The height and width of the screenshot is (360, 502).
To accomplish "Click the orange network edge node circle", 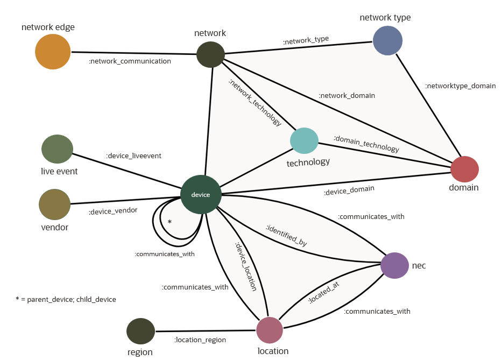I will coord(53,52).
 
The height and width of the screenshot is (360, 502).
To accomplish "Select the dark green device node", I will coord(201,195).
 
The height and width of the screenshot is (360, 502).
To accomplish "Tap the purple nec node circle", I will coord(395,265).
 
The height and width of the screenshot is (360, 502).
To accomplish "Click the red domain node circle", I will coord(464,169).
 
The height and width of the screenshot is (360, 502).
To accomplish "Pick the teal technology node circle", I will coord(304,140).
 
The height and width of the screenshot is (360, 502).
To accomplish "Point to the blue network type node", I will coord(387,40).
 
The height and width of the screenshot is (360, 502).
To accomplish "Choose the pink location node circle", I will coord(270,330).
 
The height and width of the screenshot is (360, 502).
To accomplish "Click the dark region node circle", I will coord(140,331).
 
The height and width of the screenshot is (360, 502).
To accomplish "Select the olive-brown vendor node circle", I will coord(54,204).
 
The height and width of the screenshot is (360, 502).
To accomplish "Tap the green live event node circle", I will coord(57,149).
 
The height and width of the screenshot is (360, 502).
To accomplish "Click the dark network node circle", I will coord(210,54).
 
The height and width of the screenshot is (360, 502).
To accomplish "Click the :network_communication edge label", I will coord(130,61).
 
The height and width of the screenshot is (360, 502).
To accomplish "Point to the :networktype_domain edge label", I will coord(460,86).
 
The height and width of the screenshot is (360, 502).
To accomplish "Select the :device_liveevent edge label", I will coord(133,156).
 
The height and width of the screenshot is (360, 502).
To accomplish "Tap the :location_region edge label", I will coord(200,340).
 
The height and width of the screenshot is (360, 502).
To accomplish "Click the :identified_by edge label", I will coord(286,236).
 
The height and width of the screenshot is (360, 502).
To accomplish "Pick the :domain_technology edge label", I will coord(366,144).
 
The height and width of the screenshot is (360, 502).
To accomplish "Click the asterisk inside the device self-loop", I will coord(169,222).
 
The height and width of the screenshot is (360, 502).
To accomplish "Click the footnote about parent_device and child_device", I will coord(66,299).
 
